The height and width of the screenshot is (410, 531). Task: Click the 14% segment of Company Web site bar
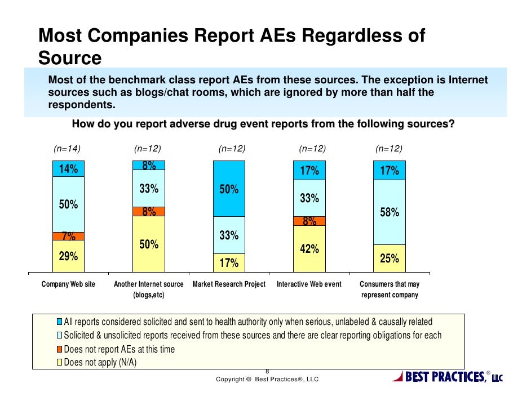(x=68, y=168)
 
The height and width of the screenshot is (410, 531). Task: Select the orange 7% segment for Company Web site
(x=68, y=236)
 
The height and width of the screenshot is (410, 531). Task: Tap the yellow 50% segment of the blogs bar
(x=149, y=245)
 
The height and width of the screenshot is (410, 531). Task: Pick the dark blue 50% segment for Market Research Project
(x=229, y=189)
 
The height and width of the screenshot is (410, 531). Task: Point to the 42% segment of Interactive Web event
(x=309, y=248)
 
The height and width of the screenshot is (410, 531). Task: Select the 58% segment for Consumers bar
(x=390, y=212)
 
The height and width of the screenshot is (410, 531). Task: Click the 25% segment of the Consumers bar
(x=390, y=259)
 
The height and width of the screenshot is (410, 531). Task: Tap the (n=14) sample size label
(x=67, y=149)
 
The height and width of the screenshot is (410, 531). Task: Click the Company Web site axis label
(x=69, y=284)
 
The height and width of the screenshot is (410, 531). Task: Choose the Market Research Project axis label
(x=229, y=284)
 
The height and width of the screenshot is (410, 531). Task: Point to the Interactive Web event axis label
(x=309, y=284)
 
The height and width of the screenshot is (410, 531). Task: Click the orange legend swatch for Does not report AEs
(x=59, y=350)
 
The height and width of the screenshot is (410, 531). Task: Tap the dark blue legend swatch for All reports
(x=59, y=323)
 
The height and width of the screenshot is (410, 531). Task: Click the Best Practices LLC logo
(x=447, y=376)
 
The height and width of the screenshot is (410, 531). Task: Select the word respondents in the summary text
(x=82, y=105)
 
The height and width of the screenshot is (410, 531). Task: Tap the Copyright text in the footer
(x=267, y=380)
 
